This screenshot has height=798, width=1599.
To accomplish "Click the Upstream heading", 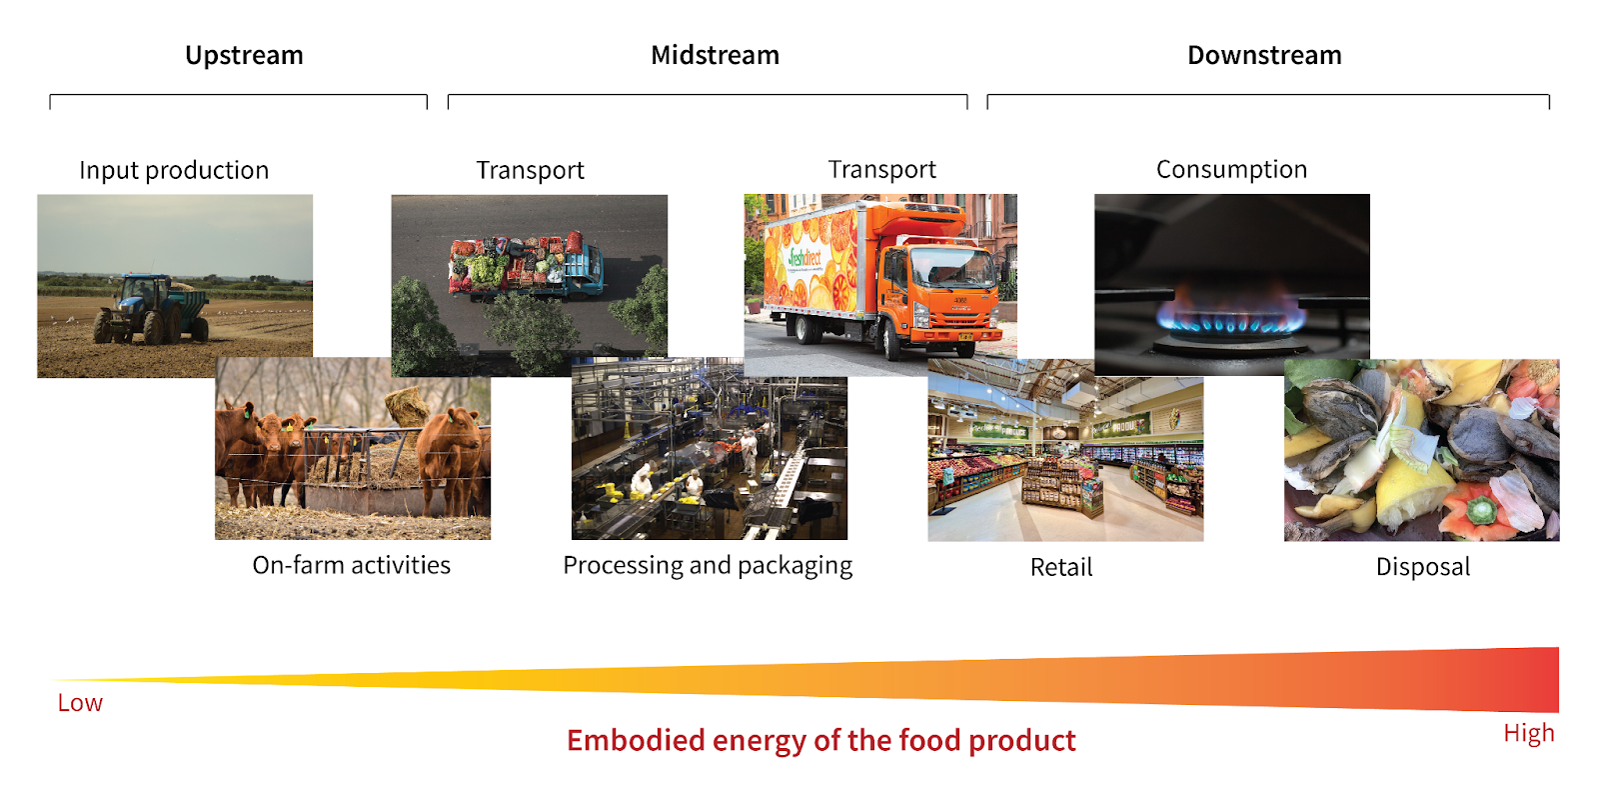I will coord(244,55).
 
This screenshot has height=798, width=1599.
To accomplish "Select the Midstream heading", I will coord(715,55).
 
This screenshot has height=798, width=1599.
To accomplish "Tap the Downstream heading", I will coord(1264,55).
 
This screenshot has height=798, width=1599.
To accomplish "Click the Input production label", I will coord(174,170).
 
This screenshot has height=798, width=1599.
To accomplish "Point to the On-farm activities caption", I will coord(351,565).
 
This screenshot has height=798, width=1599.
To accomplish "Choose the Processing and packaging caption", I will coord(708,565).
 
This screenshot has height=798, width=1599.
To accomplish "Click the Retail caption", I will coord(1061,567).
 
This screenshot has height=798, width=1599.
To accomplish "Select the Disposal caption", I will coord(1423,567).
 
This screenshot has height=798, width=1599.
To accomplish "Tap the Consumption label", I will coord(1231,169).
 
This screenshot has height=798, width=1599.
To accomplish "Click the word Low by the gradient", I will coord(80,703).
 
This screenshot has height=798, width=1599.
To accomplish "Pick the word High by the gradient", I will coord(1528,733).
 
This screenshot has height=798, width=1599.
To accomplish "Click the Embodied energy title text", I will coord(820,740).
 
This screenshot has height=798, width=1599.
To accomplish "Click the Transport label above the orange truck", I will coord(881,169).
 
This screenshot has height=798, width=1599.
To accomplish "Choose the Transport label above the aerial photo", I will coord(530,170).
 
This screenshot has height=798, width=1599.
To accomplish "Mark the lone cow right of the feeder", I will coord(452,455).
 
